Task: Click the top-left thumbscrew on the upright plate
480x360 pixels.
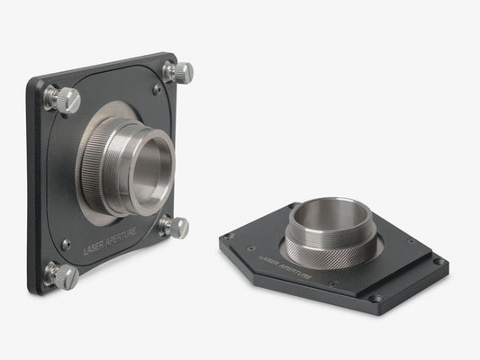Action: pyautogui.click(x=62, y=100)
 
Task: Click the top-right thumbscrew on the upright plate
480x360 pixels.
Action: pyautogui.click(x=179, y=71)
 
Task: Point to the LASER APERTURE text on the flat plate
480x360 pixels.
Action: pyautogui.click(x=286, y=266)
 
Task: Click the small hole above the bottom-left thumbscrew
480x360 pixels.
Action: pyautogui.click(x=66, y=244)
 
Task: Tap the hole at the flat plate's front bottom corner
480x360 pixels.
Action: pyautogui.click(x=376, y=298)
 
